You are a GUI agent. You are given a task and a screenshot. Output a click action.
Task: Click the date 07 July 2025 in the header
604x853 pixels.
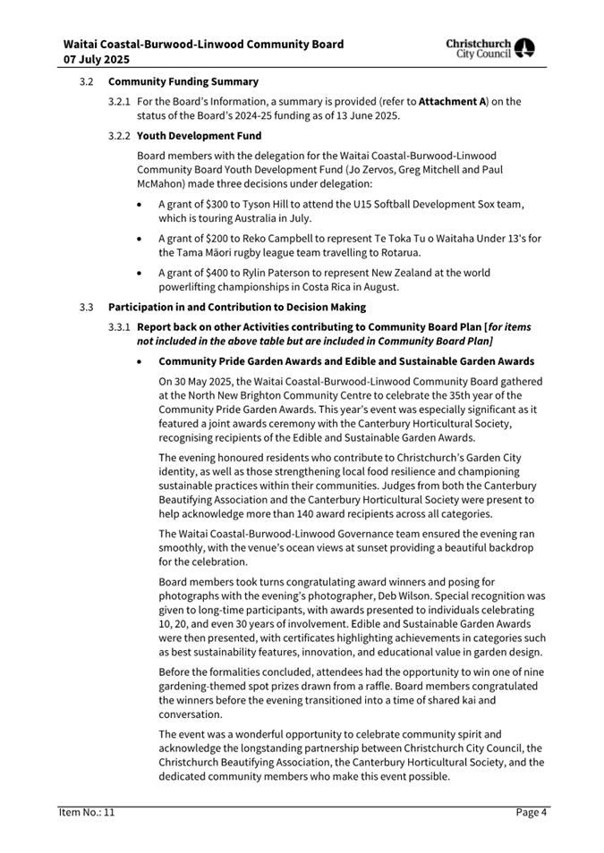97,60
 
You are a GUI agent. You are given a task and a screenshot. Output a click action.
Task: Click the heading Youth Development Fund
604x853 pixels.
199,136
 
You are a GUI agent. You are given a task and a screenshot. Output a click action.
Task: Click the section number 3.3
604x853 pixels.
85,307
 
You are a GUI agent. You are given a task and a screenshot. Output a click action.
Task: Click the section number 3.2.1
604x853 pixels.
120,102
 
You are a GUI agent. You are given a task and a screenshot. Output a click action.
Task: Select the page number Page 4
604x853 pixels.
531,812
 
